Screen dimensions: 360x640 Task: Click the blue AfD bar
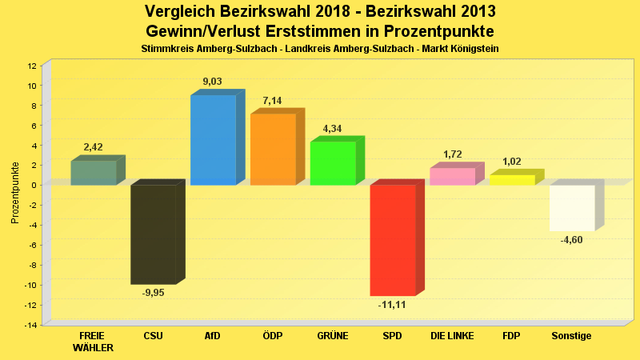(x=213, y=140)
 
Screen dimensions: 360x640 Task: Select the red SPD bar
(x=393, y=240)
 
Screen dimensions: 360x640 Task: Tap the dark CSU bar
(x=154, y=234)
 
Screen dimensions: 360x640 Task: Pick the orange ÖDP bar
(x=273, y=150)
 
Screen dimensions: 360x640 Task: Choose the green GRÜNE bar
(x=333, y=163)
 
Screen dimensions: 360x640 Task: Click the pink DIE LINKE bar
(x=452, y=177)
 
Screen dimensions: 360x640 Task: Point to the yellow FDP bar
(x=512, y=180)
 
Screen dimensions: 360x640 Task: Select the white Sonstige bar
(x=572, y=208)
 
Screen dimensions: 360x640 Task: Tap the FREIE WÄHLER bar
(x=94, y=173)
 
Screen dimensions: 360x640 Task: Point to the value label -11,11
(x=392, y=305)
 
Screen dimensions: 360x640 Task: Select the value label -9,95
(x=153, y=293)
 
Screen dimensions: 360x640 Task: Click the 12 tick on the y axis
(x=31, y=66)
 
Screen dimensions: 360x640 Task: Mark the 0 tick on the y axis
(x=34, y=185)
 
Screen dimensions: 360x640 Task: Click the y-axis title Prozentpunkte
(x=14, y=193)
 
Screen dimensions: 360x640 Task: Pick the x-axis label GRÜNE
(x=332, y=336)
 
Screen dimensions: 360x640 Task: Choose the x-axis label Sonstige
(x=571, y=336)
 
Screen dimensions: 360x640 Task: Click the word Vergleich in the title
(x=182, y=11)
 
